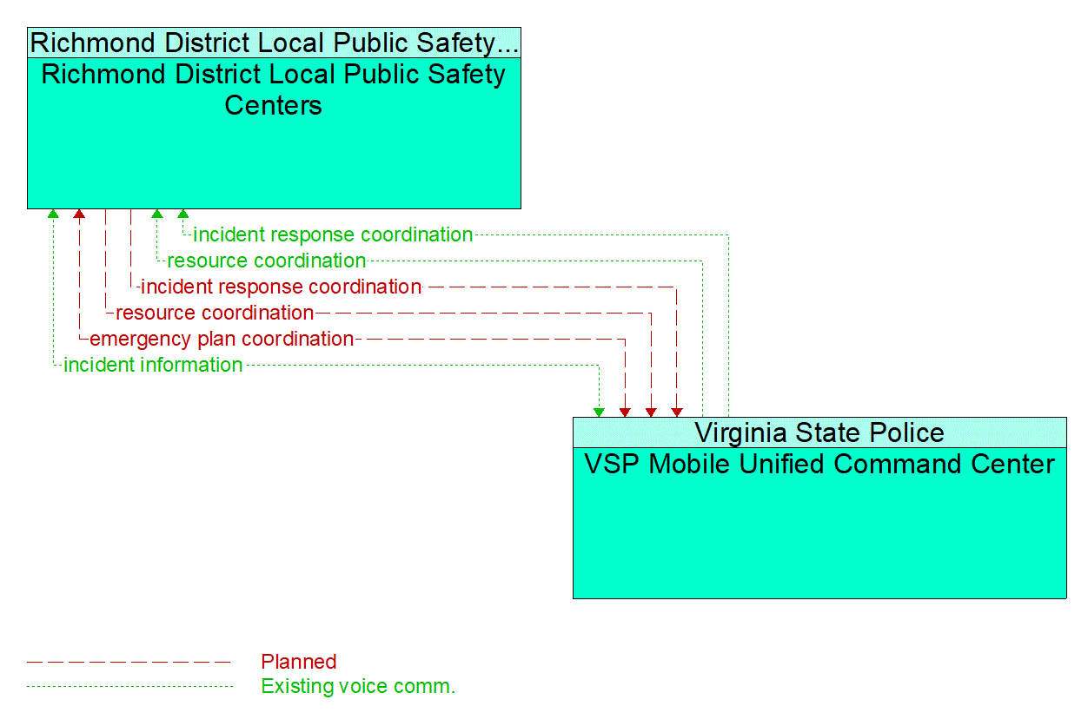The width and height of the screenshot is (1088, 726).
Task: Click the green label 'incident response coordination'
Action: pos(333,234)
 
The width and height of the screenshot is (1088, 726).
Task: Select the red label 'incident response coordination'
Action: pos(281,287)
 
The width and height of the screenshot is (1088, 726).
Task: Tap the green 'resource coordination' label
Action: pos(266,261)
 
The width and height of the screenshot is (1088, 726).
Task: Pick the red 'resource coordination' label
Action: pos(215,313)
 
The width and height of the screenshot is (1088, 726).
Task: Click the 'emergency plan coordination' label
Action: pos(222,339)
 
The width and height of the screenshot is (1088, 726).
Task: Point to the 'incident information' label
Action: pos(153,365)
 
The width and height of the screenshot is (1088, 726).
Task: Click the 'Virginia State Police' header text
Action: pos(819,432)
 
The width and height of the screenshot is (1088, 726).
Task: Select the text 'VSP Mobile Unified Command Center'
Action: pos(819,464)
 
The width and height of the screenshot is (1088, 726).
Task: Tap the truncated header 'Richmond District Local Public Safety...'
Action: pos(274,42)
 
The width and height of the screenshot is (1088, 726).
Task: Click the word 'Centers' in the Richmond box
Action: pos(274,105)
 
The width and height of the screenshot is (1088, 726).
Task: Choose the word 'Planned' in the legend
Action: pos(299,662)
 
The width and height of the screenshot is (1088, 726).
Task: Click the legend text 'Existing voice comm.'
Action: pos(358,687)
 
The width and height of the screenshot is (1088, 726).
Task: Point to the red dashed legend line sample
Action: pos(130,662)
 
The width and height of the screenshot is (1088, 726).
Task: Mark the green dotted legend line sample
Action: pos(130,687)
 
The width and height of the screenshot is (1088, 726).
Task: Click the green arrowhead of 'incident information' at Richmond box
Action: pos(53,214)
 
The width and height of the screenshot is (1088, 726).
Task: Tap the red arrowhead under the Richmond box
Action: pos(79,214)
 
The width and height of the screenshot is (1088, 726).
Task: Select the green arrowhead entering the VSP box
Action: pos(599,412)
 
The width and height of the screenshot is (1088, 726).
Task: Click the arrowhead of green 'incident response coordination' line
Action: pos(182,214)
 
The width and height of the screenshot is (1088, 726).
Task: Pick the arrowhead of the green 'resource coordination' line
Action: pos(156,214)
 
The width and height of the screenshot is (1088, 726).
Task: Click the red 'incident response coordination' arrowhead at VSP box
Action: pos(677,412)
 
